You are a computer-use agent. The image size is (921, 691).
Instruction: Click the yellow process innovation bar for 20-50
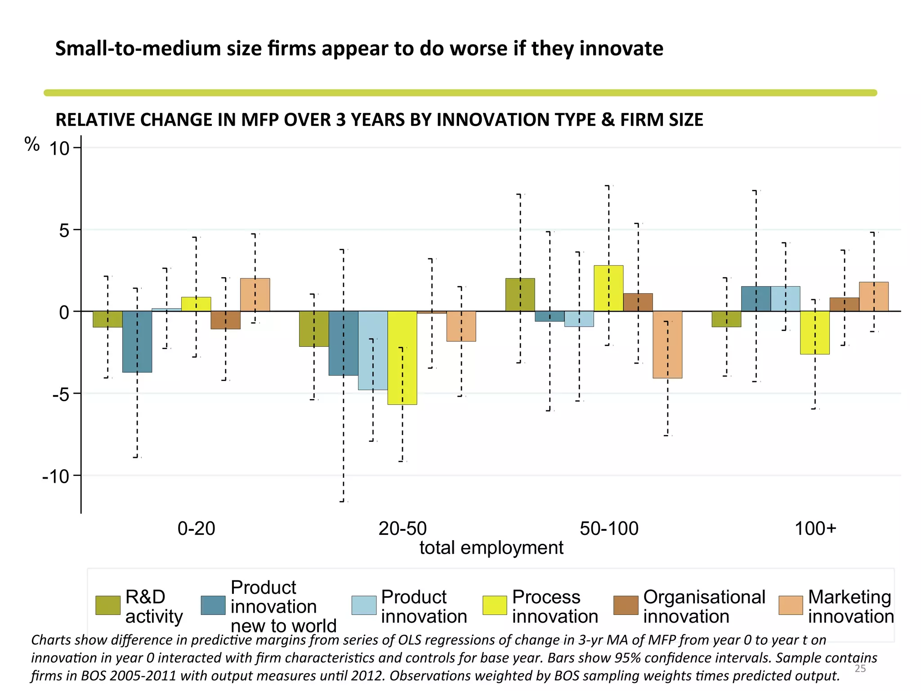pyautogui.click(x=402, y=358)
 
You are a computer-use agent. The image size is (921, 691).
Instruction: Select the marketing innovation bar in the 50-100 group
pyautogui.click(x=667, y=345)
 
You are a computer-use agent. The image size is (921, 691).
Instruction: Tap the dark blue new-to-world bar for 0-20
pyautogui.click(x=137, y=341)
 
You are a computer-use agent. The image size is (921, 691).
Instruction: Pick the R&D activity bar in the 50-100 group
pyautogui.click(x=520, y=295)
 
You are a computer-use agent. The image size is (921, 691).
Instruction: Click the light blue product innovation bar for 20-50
pyautogui.click(x=373, y=350)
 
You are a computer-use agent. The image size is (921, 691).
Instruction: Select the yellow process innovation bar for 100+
pyautogui.click(x=815, y=332)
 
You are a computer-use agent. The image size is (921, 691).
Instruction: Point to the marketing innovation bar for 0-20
pyautogui.click(x=255, y=295)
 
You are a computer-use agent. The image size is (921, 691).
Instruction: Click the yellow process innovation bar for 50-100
pyautogui.click(x=608, y=288)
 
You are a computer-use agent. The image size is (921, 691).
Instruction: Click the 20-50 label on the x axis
pyautogui.click(x=402, y=528)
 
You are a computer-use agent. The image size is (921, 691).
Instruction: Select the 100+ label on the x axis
pyautogui.click(x=815, y=528)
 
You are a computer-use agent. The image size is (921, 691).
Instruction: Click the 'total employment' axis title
pyautogui.click(x=491, y=548)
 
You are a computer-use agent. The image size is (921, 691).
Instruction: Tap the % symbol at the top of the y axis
pyautogui.click(x=32, y=144)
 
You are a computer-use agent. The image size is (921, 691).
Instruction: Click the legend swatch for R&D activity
pyautogui.click(x=108, y=606)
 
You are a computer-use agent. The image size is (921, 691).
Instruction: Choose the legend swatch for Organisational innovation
pyautogui.click(x=626, y=606)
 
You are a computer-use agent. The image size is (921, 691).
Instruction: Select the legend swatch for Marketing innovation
pyautogui.click(x=791, y=606)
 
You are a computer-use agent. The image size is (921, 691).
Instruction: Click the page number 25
pyautogui.click(x=860, y=669)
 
